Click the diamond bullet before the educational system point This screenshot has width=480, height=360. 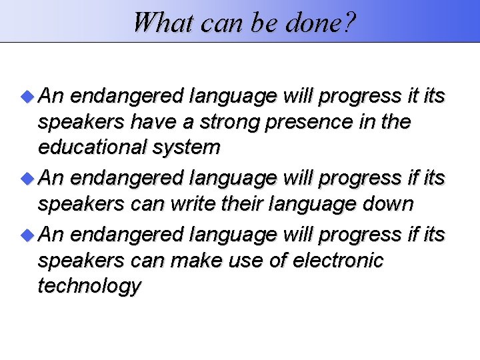pyautogui.click(x=26, y=97)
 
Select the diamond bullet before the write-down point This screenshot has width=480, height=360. pyautogui.click(x=26, y=179)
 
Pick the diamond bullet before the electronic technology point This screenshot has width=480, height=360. pyautogui.click(x=26, y=235)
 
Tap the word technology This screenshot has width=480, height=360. pyautogui.click(x=89, y=287)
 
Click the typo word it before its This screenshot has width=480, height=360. pyautogui.click(x=413, y=97)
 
